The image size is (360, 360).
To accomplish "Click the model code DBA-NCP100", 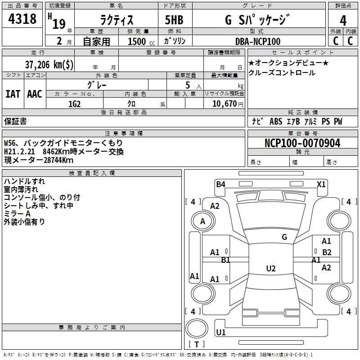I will pyautogui.click(x=257, y=41).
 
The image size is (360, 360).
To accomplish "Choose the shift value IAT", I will pyautogui.click(x=13, y=94).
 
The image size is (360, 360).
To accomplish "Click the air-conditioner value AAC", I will pyautogui.click(x=34, y=94).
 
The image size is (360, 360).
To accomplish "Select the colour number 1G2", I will pyautogui.click(x=74, y=103).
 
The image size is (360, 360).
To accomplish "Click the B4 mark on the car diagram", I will pyautogui.click(x=220, y=184).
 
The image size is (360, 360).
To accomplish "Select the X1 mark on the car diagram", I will pyautogui.click(x=321, y=184).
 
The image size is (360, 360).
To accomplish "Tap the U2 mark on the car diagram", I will pyautogui.click(x=270, y=268).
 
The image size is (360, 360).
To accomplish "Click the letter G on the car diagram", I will pyautogui.click(x=284, y=237).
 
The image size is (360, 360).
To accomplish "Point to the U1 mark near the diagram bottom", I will pyautogui.click(x=220, y=333).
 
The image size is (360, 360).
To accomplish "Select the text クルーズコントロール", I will pyautogui.click(x=282, y=72).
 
